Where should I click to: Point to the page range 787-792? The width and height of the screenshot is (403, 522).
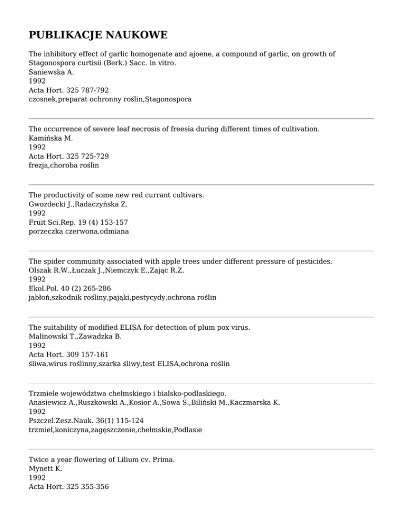point(94,90)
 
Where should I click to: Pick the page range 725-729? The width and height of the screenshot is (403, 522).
point(94,156)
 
